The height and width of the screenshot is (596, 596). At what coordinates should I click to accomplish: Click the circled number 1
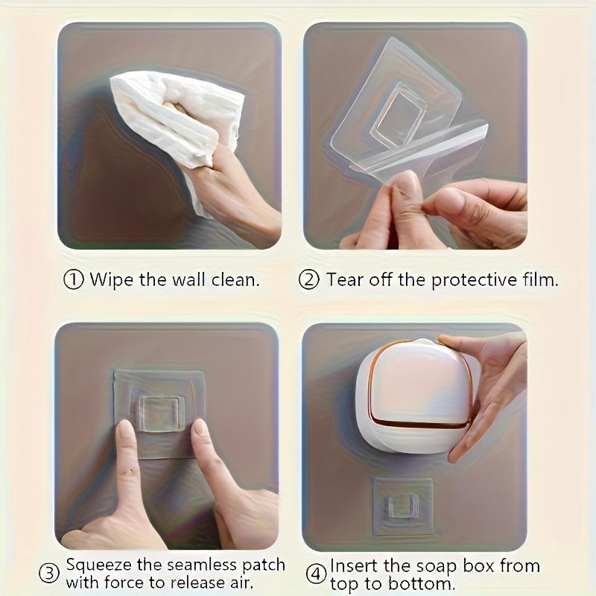coord(74,280)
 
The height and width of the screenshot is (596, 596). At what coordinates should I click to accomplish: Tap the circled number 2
coord(309,280)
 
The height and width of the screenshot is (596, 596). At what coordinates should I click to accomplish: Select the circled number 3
coord(49,574)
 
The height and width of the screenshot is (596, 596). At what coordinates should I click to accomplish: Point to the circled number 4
coord(316,574)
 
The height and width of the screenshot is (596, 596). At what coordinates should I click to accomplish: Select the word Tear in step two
coord(343,280)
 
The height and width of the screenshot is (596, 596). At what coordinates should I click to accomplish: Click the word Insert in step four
coord(354,565)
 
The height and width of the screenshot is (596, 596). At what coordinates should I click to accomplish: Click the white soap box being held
coord(413,395)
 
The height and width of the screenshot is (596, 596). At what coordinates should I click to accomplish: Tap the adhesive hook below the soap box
coord(402,507)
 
